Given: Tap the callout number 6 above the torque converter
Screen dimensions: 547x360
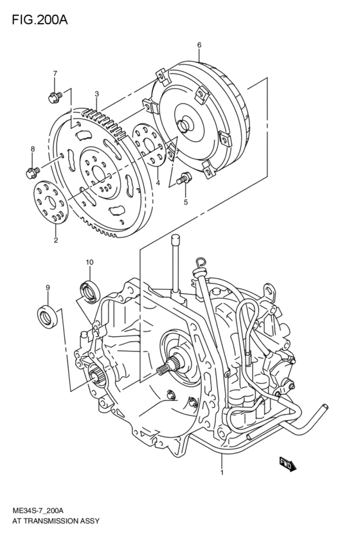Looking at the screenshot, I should [199, 45].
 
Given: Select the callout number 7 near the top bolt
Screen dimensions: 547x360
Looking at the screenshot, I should [55, 73].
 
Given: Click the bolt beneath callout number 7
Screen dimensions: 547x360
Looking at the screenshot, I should [54, 97].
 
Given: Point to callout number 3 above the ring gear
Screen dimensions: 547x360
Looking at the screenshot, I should [96, 94].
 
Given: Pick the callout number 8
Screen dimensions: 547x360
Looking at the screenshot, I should [32, 150].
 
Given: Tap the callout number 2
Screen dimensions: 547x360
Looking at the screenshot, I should [56, 240].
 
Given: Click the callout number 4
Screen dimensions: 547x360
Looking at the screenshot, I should [157, 183].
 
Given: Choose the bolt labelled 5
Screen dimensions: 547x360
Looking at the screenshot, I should [184, 179].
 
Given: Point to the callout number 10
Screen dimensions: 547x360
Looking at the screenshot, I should [89, 262].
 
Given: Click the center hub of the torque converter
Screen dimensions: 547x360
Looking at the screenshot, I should [190, 126].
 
